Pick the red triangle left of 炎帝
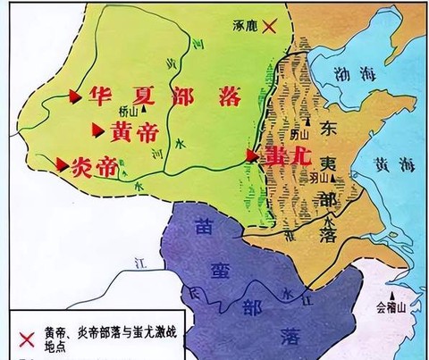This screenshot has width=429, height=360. [62, 163]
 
